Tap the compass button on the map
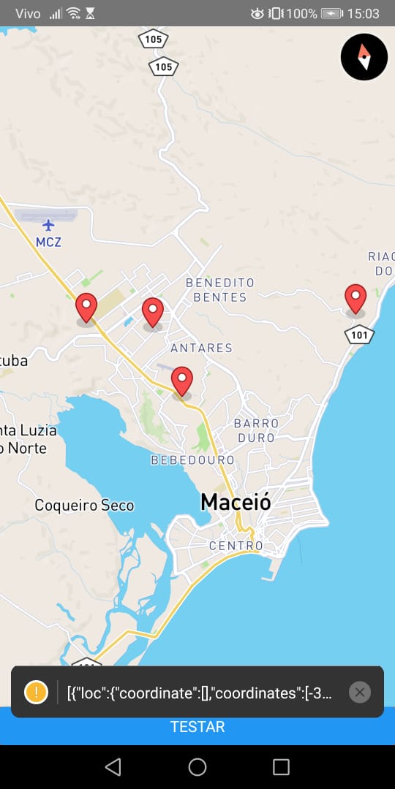pos(364,56)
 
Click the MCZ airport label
pos(48,242)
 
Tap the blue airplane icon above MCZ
pos(48,224)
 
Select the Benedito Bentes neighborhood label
pos(219,289)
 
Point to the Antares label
pos(201,348)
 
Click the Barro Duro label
pos(256,430)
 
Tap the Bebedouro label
pos(192,460)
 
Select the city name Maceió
pos(236,502)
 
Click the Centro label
pos(236,546)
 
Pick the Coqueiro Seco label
pos(84,505)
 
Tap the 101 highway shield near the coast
pos(359,335)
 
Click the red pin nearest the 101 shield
pos(355,298)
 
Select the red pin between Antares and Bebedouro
pos(181,380)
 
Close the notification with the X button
pos(359,692)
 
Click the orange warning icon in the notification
pos(36,692)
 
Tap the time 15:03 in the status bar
pos(363,13)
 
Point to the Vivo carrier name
pos(28,13)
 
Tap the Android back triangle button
pos(113,766)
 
